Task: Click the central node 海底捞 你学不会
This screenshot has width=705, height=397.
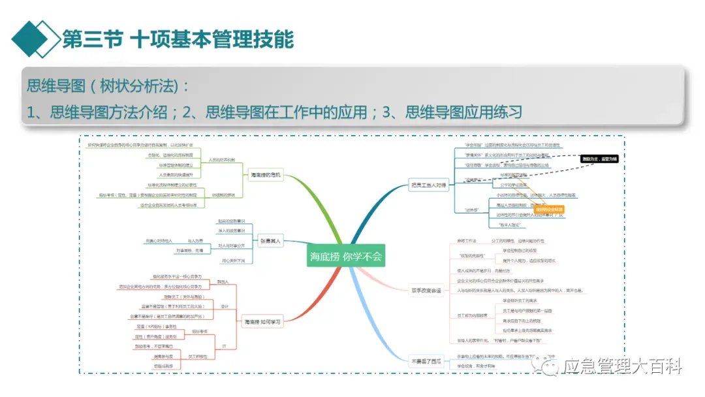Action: click(x=345, y=257)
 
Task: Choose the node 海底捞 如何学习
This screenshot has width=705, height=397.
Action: click(x=262, y=322)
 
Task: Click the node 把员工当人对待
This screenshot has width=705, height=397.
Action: click(x=428, y=185)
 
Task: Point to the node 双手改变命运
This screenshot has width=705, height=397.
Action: click(x=426, y=291)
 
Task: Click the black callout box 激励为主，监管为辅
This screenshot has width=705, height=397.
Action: click(x=599, y=159)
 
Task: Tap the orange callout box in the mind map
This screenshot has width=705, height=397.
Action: click(x=548, y=210)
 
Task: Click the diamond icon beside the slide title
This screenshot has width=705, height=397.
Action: click(x=35, y=38)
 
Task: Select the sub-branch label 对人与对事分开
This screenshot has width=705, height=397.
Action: click(x=232, y=246)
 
